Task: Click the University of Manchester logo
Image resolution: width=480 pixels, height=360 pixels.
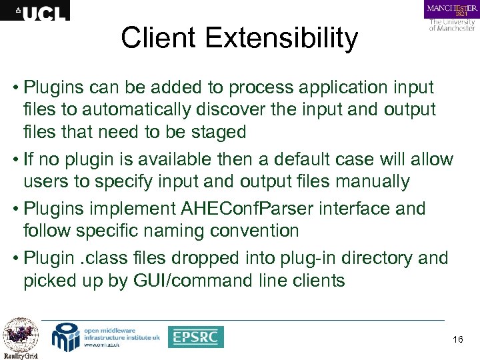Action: click(451, 16)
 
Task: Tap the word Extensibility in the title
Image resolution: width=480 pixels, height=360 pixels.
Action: click(283, 38)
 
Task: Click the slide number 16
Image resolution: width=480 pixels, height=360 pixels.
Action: click(457, 341)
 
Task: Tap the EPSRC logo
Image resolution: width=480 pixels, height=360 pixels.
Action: click(195, 337)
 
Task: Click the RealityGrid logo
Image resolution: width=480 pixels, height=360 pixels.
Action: click(21, 338)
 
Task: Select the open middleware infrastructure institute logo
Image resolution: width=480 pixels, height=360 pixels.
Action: click(107, 337)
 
